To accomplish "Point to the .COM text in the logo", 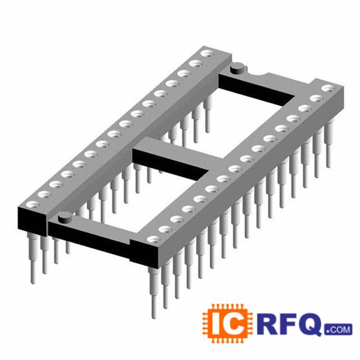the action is [x=338, y=330].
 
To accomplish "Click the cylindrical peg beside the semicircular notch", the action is [x=237, y=69].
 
